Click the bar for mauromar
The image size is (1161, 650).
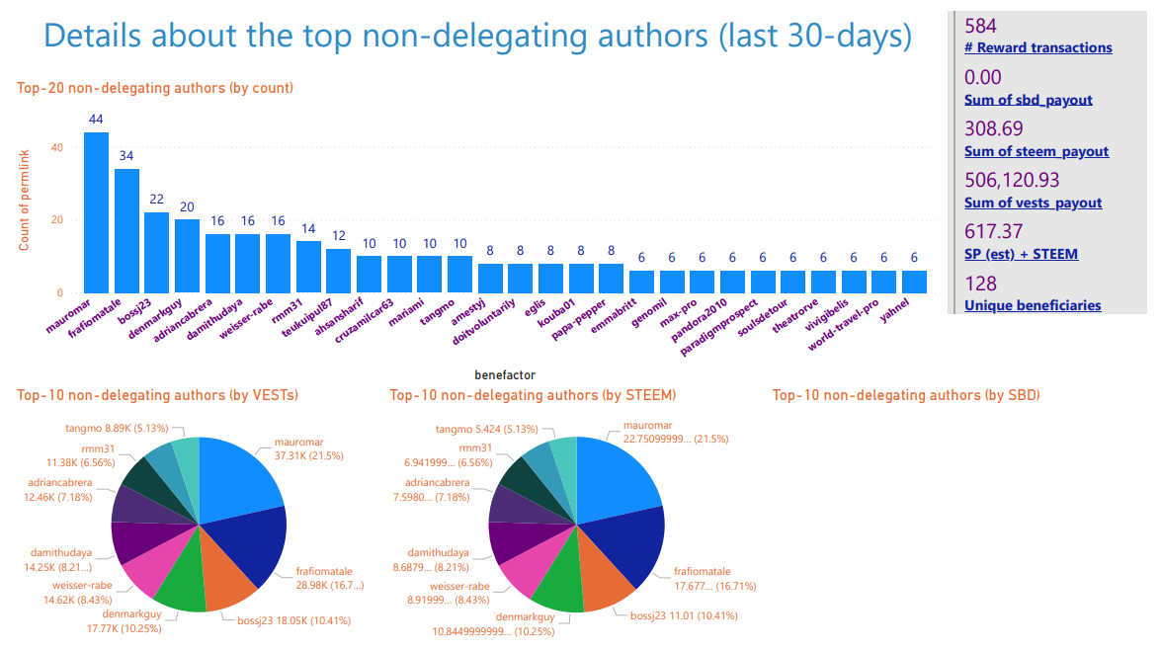point(96,212)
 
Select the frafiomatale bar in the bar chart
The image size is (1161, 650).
point(126,231)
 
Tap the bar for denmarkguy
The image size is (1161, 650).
point(187,256)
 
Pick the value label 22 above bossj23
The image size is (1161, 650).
point(156,199)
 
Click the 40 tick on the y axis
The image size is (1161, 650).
point(56,148)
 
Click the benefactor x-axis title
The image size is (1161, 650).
point(505,374)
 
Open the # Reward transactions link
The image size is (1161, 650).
point(1037,47)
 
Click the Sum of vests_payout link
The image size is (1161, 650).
point(1033,203)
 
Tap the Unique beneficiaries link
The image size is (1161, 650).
point(1032,305)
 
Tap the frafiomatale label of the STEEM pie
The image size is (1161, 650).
point(702,571)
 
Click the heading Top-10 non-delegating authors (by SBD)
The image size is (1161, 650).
point(905,395)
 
